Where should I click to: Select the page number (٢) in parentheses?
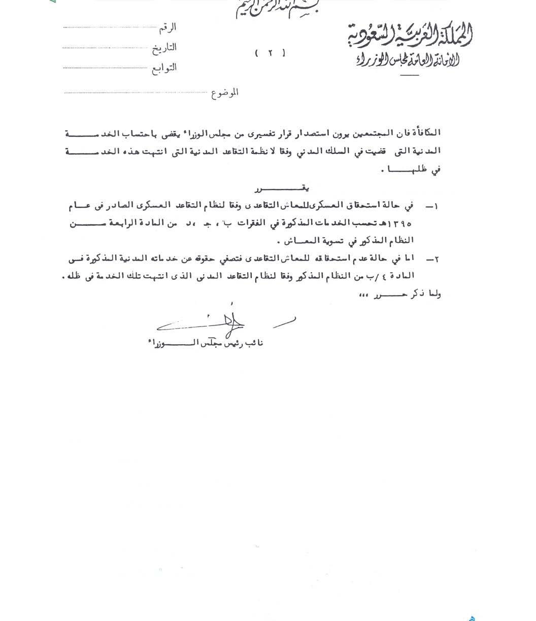point(270,53)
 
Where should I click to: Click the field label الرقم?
point(167,27)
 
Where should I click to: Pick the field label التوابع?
point(164,68)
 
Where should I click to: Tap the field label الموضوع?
point(224,93)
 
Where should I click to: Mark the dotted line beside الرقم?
point(110,27)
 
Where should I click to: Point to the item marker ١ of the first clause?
point(435,206)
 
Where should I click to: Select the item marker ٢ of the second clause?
point(435,259)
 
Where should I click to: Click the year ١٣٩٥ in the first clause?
point(401,223)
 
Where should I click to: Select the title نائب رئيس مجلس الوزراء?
point(204,343)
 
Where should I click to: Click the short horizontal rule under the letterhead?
point(409,76)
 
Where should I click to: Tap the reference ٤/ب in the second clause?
point(386,276)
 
